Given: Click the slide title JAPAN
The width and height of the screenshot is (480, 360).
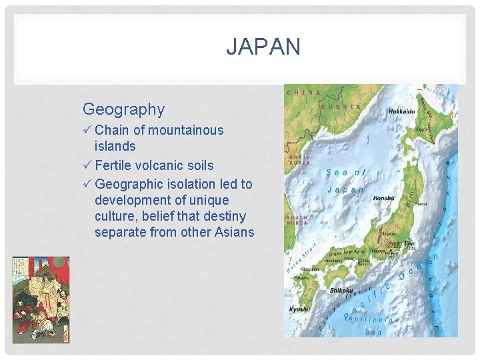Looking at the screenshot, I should (x=263, y=47).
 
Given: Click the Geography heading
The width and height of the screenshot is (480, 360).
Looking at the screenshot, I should (x=123, y=109).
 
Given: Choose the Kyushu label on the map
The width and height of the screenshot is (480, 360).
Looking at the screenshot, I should (x=299, y=309).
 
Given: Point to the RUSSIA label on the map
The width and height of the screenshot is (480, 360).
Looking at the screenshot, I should (x=341, y=107).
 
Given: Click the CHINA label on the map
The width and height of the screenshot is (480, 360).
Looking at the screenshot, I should (x=303, y=93).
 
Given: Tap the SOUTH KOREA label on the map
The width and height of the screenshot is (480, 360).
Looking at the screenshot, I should (x=297, y=220).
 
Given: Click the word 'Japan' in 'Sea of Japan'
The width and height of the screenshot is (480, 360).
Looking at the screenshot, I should (x=345, y=189).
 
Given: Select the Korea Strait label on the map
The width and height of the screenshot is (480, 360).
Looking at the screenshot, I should (x=299, y=260).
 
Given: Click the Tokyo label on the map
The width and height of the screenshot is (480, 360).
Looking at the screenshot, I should (x=411, y=244).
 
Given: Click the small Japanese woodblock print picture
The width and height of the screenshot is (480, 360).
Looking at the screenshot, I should (x=41, y=291).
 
